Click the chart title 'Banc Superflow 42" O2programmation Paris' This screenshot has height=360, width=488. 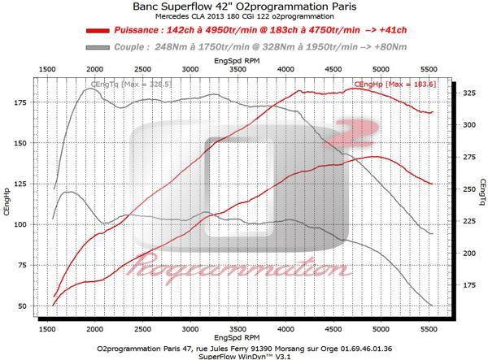244,7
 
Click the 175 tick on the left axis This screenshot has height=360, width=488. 24,103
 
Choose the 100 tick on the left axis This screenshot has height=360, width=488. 24,224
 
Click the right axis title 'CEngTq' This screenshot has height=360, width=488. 481,200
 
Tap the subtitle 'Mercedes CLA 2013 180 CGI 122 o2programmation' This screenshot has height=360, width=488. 244,17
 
